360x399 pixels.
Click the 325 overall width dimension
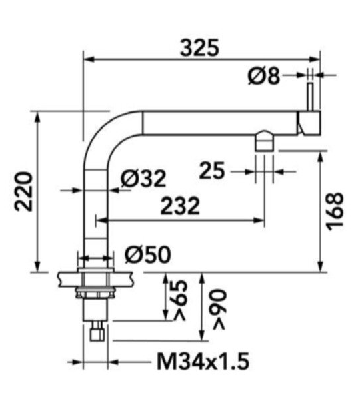[199, 48]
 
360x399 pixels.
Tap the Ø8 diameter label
[264, 75]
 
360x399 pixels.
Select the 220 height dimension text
[23, 192]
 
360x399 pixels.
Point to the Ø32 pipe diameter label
[143, 178]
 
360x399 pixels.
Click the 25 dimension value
[212, 171]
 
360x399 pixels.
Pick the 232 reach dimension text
[180, 205]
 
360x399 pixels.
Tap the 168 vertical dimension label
[335, 212]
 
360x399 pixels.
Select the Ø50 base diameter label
[148, 254]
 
